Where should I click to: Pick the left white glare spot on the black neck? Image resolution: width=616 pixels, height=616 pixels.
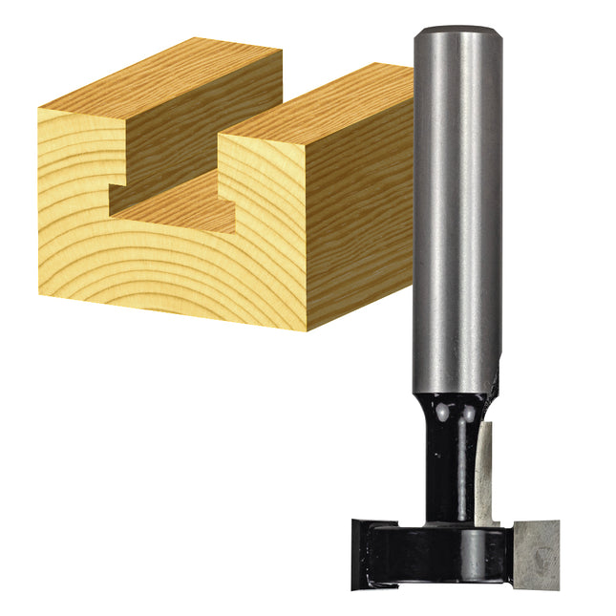pos(442,414)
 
